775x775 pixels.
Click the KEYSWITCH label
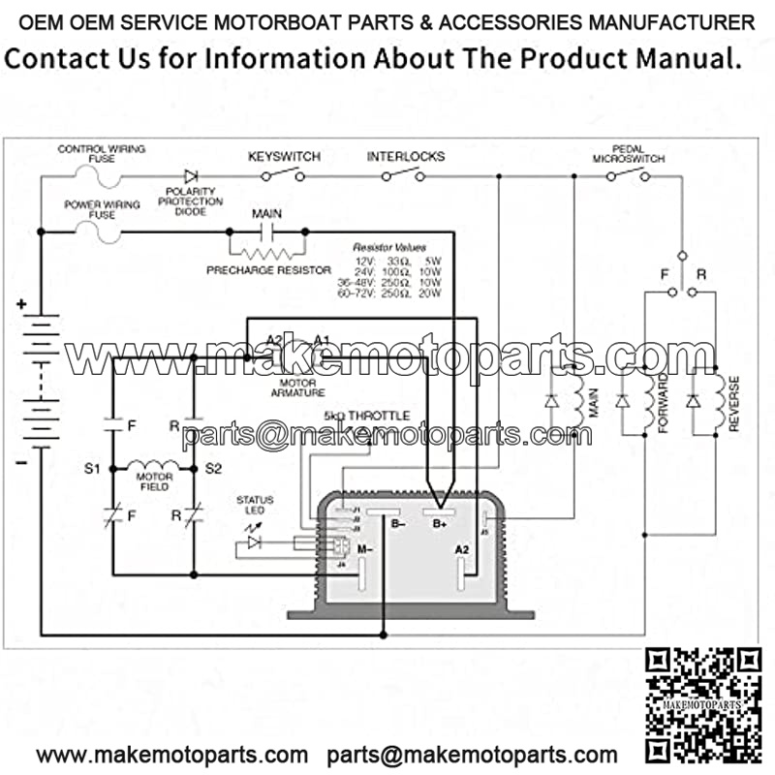click(x=284, y=156)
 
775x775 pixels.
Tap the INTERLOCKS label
click(x=406, y=156)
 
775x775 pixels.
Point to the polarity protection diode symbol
click(x=191, y=176)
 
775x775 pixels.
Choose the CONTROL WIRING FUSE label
click(x=102, y=153)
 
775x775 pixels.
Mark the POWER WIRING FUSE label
click(x=102, y=209)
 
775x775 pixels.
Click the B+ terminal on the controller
click(x=439, y=523)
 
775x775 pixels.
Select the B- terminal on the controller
click(x=398, y=523)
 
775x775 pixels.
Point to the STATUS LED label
click(x=255, y=505)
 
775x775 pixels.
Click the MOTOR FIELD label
click(x=154, y=481)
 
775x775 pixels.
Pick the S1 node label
click(x=93, y=469)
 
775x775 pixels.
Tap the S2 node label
click(x=213, y=469)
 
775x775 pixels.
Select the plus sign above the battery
click(x=21, y=305)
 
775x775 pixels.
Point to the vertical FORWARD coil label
click(x=665, y=404)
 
